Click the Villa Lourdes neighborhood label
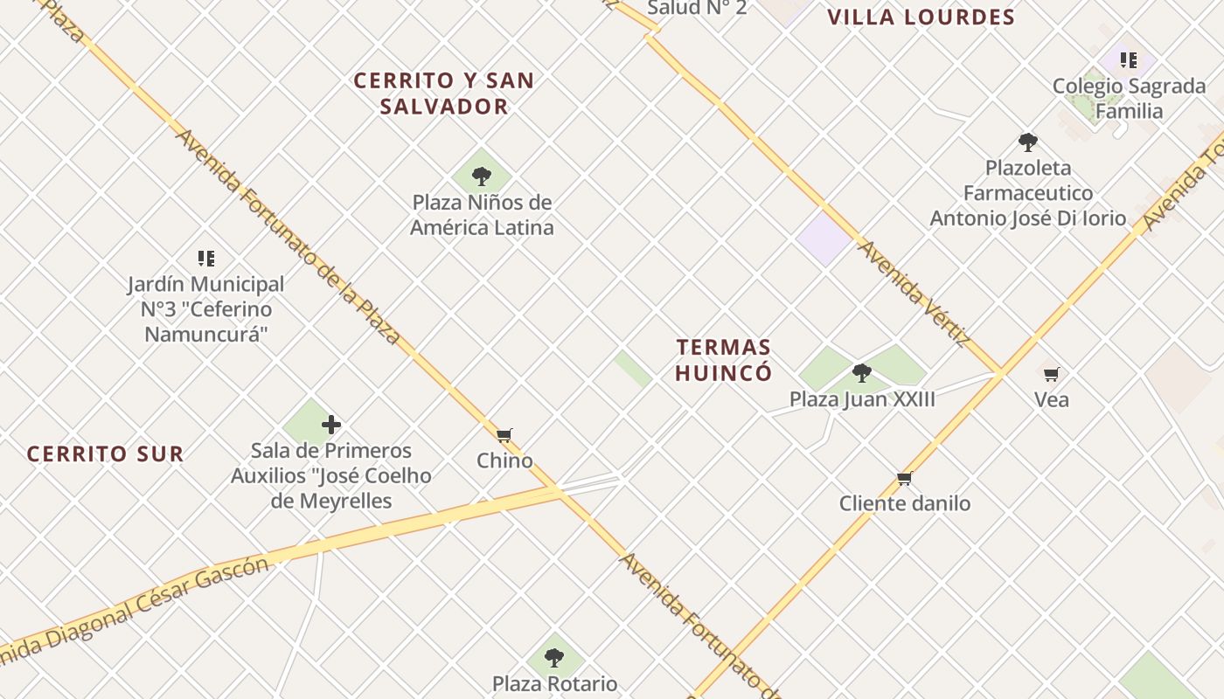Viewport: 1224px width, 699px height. (921, 17)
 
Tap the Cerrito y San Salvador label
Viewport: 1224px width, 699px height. (443, 93)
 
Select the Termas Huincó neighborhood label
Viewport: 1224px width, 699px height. (723, 360)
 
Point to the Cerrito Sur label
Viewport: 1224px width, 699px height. (105, 454)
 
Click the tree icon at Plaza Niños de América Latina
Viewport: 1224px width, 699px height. (481, 176)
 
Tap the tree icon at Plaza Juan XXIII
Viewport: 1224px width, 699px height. (862, 373)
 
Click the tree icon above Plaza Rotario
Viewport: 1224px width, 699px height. (553, 657)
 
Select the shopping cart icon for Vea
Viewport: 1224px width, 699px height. (1051, 374)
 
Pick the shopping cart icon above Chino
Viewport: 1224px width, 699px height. (504, 435)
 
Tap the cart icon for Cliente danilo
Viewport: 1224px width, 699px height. (905, 478)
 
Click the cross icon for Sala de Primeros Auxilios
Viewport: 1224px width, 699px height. (331, 426)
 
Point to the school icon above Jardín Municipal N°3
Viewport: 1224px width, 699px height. (206, 258)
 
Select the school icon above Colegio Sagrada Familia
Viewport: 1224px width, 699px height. (1129, 60)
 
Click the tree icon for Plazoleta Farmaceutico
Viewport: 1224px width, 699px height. (1028, 142)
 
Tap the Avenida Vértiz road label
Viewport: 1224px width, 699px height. (915, 294)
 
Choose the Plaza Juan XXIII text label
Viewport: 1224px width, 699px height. (862, 400)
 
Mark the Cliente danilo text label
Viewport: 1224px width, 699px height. (905, 503)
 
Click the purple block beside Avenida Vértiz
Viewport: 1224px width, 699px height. (824, 238)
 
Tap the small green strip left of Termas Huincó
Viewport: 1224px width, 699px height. (632, 369)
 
